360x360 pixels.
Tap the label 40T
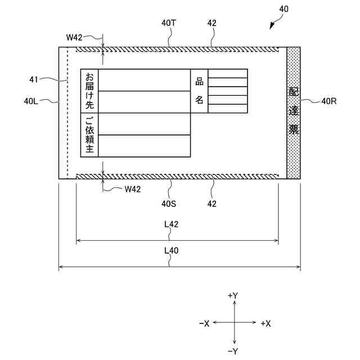point(169,23)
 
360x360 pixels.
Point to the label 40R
point(328,101)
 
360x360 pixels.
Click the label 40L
point(31,101)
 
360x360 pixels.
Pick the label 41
point(33,80)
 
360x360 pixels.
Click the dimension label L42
point(172,224)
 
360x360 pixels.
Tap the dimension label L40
point(172,251)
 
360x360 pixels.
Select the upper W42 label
point(74,38)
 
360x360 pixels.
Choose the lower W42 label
point(132,189)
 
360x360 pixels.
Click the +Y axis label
point(233,295)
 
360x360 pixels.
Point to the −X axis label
point(204,323)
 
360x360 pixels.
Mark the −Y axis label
point(233,352)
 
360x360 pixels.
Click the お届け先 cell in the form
point(90,91)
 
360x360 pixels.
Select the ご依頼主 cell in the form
point(90,135)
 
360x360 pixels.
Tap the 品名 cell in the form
point(199,91)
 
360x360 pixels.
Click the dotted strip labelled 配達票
point(293,112)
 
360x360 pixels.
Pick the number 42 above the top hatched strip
point(211,23)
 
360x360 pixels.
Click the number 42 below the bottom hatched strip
point(211,204)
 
